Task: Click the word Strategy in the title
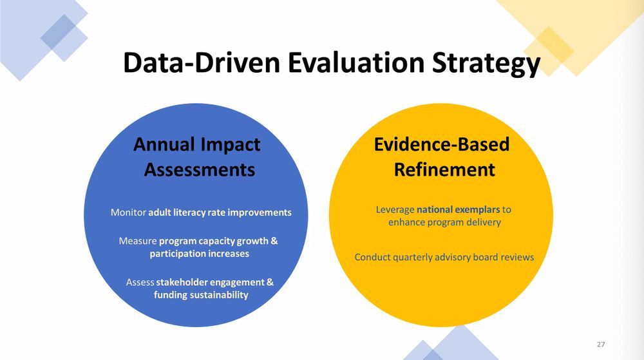coord(486,63)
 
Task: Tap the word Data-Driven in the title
coord(202,62)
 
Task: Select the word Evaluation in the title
coord(356,62)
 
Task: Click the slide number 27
coord(601,345)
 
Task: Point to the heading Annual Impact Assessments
coord(198,156)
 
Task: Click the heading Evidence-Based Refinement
coord(442,156)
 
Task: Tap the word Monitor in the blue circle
coord(128,213)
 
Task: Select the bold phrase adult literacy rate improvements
coord(220,213)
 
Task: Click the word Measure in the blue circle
coord(138,241)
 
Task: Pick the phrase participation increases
coord(199,254)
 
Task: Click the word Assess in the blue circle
coord(140,282)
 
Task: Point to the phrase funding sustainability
coord(201,295)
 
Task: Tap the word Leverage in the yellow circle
coord(395,210)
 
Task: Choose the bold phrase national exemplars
coord(459,209)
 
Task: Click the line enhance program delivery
coord(444,222)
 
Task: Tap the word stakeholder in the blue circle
coord(182,282)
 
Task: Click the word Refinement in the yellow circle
coord(444,169)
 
